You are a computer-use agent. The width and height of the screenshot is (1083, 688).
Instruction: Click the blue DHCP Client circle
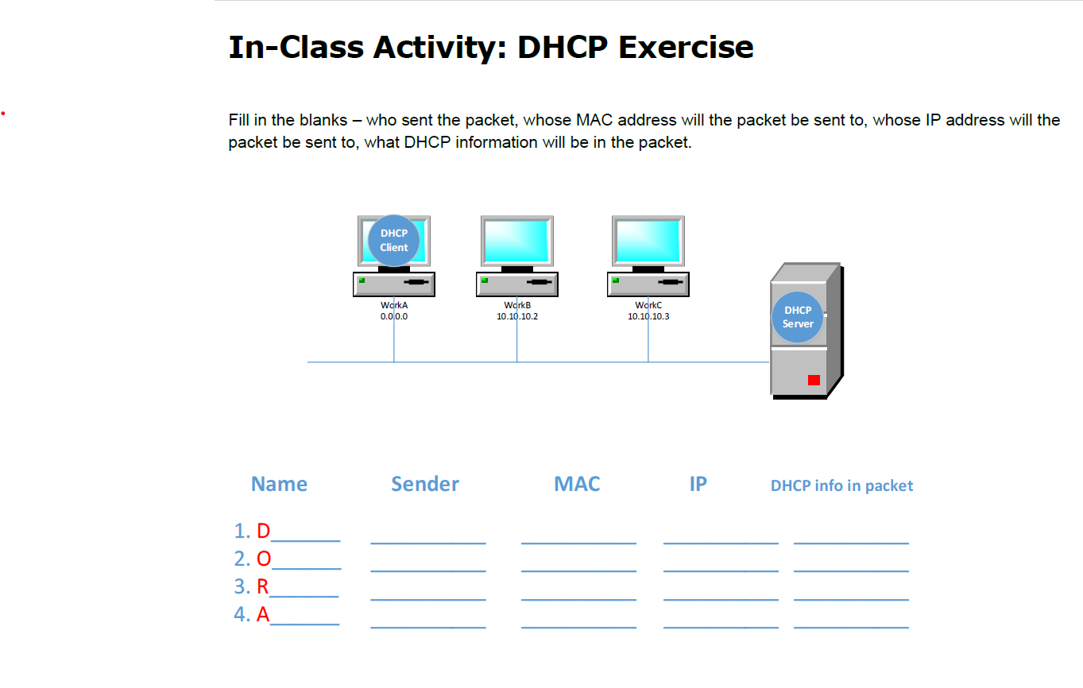tap(394, 240)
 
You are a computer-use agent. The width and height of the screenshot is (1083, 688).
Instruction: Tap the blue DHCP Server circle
tap(798, 317)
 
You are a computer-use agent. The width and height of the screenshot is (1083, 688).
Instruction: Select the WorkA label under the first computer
tap(394, 305)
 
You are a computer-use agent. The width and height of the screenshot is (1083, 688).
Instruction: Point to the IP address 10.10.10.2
tap(517, 316)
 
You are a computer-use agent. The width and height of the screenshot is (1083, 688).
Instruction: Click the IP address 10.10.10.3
tap(648, 316)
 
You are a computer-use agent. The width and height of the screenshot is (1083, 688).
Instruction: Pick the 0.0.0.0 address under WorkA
tap(394, 316)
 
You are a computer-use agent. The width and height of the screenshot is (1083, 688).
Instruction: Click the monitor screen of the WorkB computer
tap(517, 241)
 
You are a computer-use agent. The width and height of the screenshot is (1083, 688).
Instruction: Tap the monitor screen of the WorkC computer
tap(648, 241)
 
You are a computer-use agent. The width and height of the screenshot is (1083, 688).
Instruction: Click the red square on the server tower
tap(814, 380)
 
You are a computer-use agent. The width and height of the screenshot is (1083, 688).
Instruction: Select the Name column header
tap(279, 484)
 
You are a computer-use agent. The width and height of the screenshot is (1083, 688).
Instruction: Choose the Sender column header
tap(425, 484)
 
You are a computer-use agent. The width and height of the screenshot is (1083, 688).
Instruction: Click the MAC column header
tap(577, 484)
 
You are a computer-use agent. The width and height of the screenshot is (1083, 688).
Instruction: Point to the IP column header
tap(698, 484)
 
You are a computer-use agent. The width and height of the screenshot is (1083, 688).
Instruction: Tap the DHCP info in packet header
tap(841, 485)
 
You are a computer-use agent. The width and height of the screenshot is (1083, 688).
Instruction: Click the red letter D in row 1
tap(264, 531)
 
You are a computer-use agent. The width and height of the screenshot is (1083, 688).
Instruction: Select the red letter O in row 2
tap(264, 559)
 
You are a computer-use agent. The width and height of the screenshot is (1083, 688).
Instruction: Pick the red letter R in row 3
tap(263, 587)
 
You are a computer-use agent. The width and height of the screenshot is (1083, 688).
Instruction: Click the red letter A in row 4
tap(263, 614)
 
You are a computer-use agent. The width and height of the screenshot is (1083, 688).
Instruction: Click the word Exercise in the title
tap(686, 47)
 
